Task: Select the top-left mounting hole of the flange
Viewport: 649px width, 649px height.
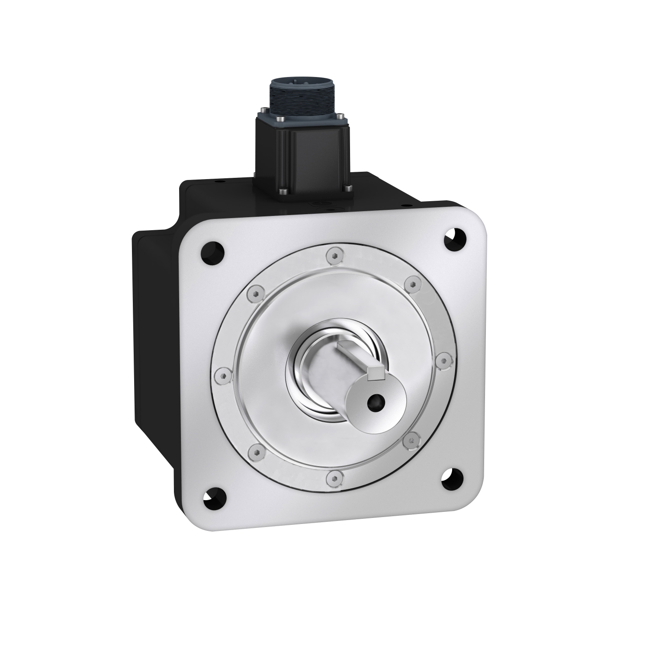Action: point(213,252)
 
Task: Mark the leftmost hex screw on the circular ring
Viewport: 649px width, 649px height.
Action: point(223,376)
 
